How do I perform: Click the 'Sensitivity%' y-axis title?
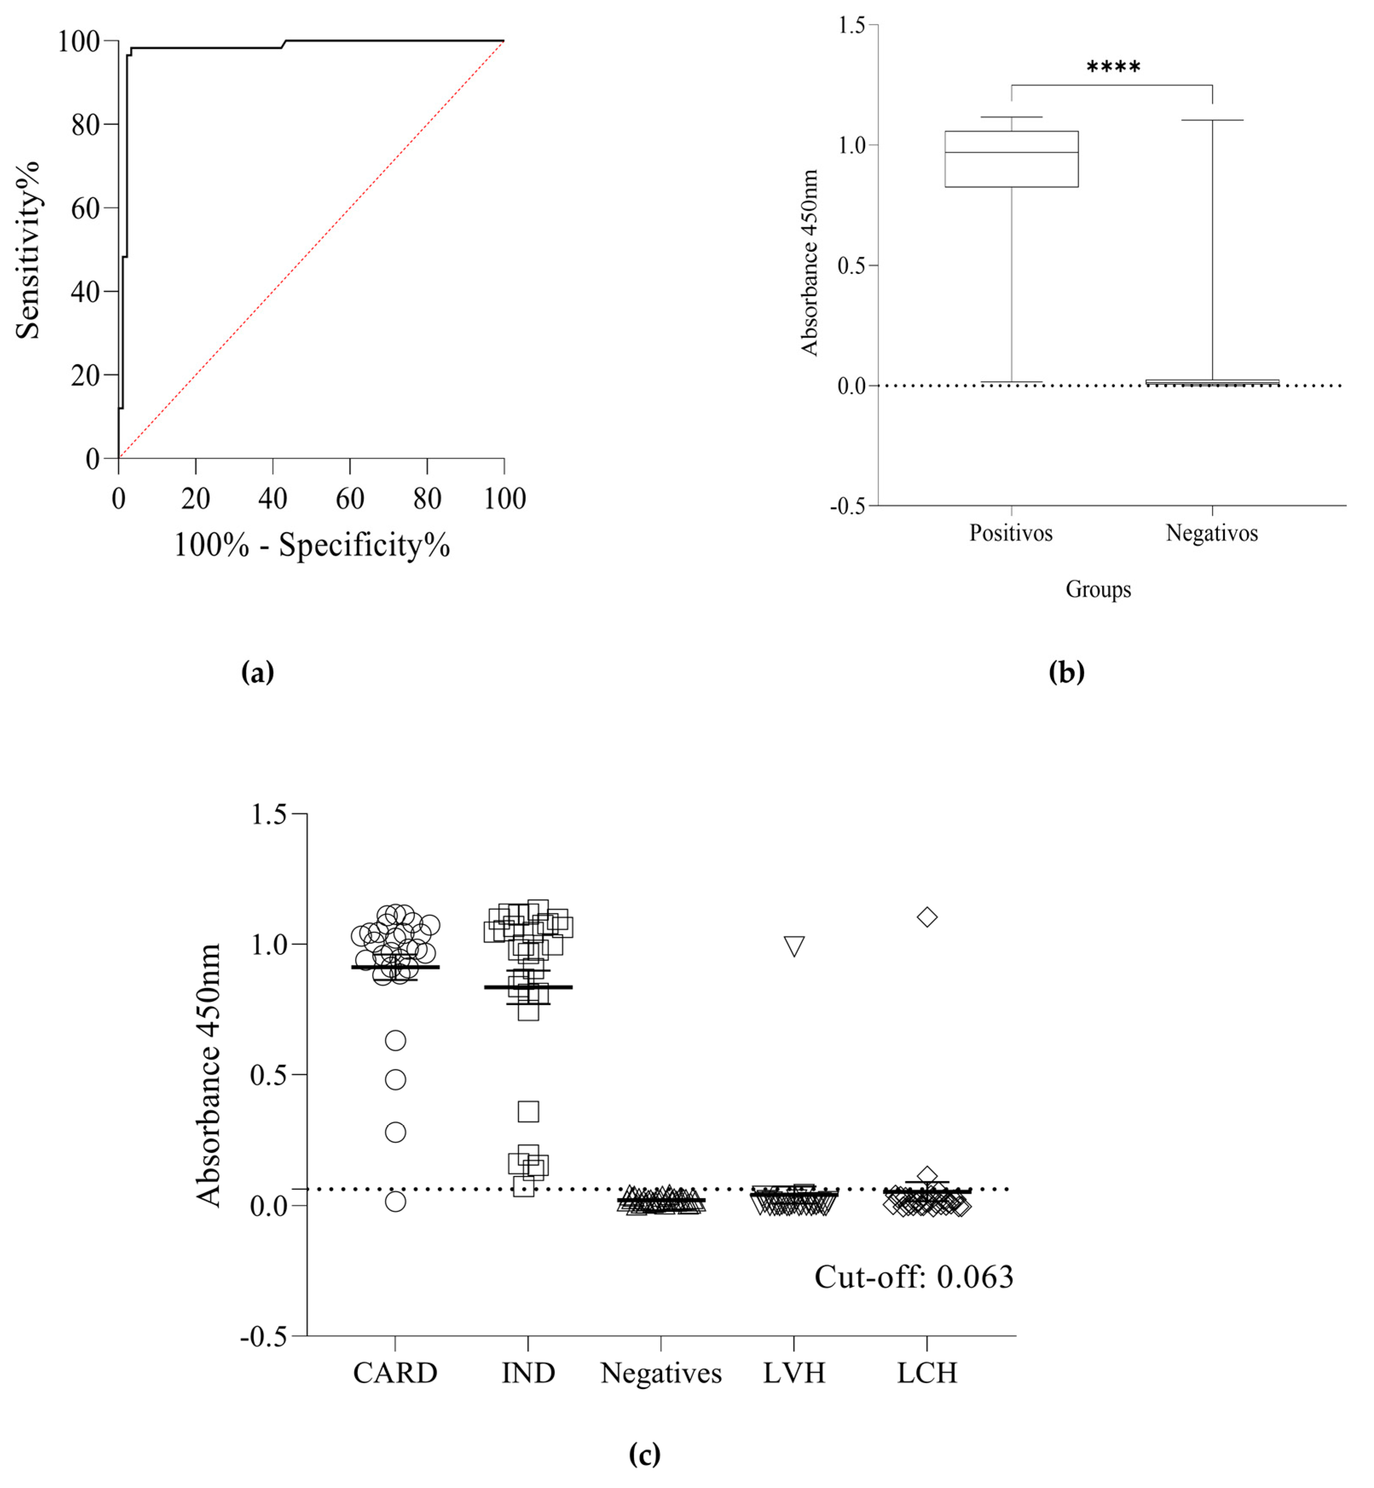28,251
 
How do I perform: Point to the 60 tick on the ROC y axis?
86,209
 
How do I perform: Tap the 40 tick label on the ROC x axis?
272,499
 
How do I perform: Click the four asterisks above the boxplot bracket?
1113,68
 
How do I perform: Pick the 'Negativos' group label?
1212,533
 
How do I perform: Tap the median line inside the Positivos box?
1011,153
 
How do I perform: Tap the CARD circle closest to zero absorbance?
395,1201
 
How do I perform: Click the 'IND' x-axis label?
528,1373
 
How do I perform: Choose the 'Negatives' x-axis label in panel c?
661,1373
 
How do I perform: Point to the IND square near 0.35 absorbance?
528,1112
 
